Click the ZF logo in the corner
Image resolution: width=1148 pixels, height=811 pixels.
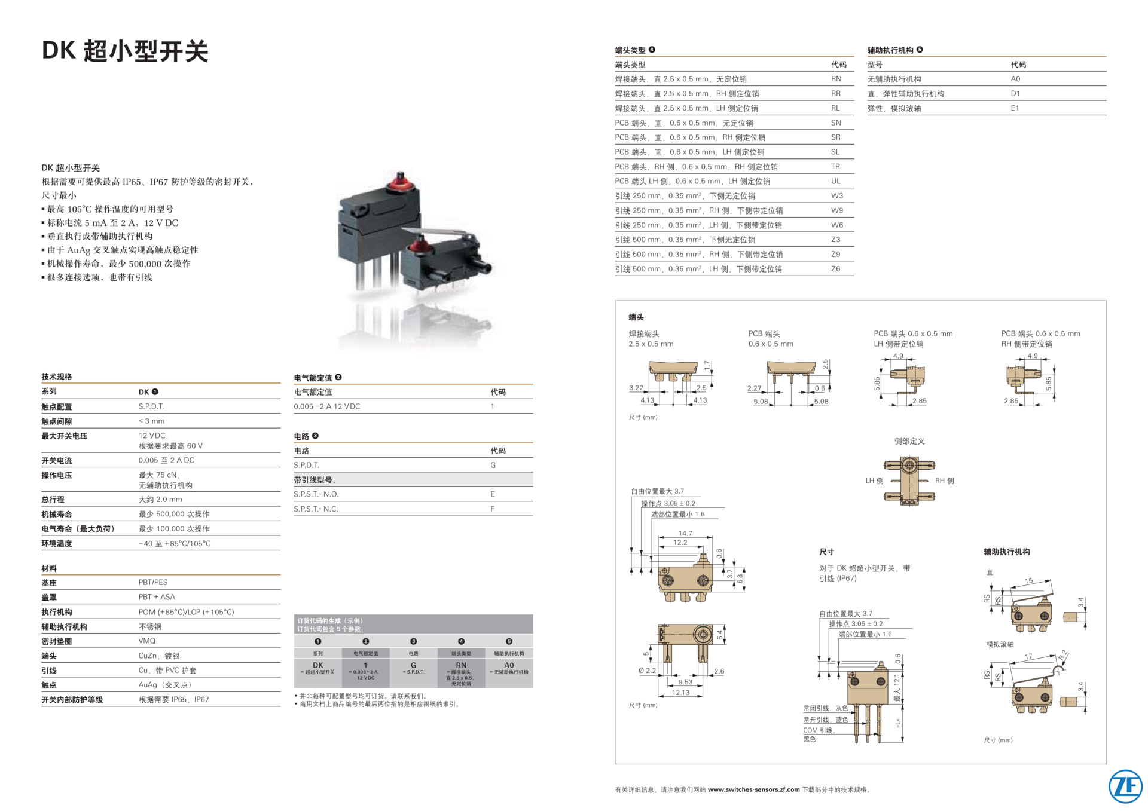pos(1125,786)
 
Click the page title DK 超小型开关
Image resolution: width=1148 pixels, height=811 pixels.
pos(125,51)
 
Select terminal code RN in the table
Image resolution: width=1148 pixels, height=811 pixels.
pos(836,79)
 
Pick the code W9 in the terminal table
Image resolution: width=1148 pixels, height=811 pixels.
pos(836,210)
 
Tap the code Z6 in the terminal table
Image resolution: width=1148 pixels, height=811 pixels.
pos(835,269)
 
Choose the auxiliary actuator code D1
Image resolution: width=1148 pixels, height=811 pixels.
pos(1015,94)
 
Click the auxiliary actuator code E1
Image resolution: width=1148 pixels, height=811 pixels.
pos(1015,108)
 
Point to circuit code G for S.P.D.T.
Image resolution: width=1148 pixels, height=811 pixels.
pos(493,465)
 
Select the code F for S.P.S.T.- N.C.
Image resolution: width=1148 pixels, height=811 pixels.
pos(492,509)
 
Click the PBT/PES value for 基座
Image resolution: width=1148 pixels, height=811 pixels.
pos(153,582)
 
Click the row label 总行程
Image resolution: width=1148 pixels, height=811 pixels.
pos(53,500)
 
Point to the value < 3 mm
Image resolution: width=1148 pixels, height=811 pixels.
pos(151,421)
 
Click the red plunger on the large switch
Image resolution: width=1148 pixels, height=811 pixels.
pos(398,180)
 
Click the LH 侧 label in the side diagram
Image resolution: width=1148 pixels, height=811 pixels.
pos(874,481)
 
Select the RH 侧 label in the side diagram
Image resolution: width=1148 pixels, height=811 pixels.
pos(945,481)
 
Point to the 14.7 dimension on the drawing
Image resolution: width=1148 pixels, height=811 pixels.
pos(685,533)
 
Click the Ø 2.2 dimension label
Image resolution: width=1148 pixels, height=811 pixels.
pos(647,671)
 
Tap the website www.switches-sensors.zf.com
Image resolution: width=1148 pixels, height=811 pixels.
pos(753,789)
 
